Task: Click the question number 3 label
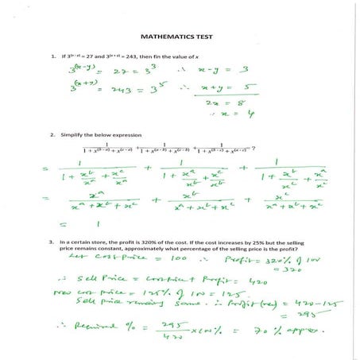(52, 240)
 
